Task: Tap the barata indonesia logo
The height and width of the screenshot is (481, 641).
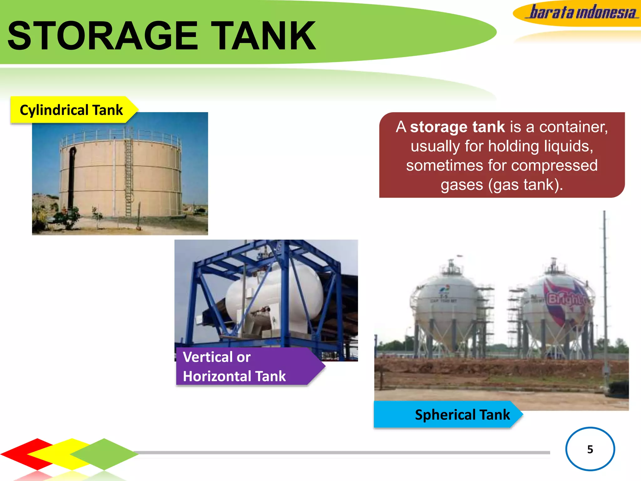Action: coord(582,13)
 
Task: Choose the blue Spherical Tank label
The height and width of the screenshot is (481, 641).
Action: coord(448,415)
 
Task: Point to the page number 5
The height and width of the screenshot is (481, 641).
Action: coord(590,449)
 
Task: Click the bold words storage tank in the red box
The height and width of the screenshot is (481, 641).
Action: coord(457,127)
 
